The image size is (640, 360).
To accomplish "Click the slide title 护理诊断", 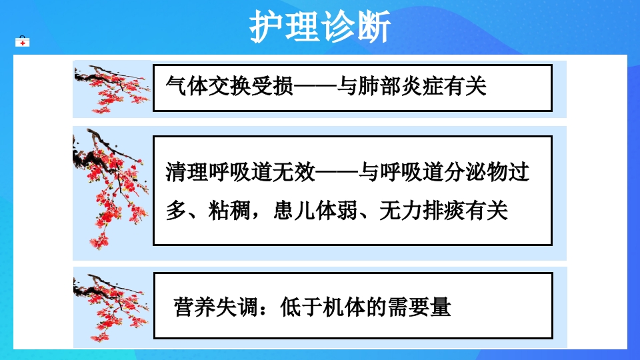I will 320,26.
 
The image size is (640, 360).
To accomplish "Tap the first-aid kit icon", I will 23,42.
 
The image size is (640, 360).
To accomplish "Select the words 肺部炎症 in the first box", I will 399,86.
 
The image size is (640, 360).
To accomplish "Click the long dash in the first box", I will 315,86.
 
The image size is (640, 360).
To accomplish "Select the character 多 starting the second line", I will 175,211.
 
